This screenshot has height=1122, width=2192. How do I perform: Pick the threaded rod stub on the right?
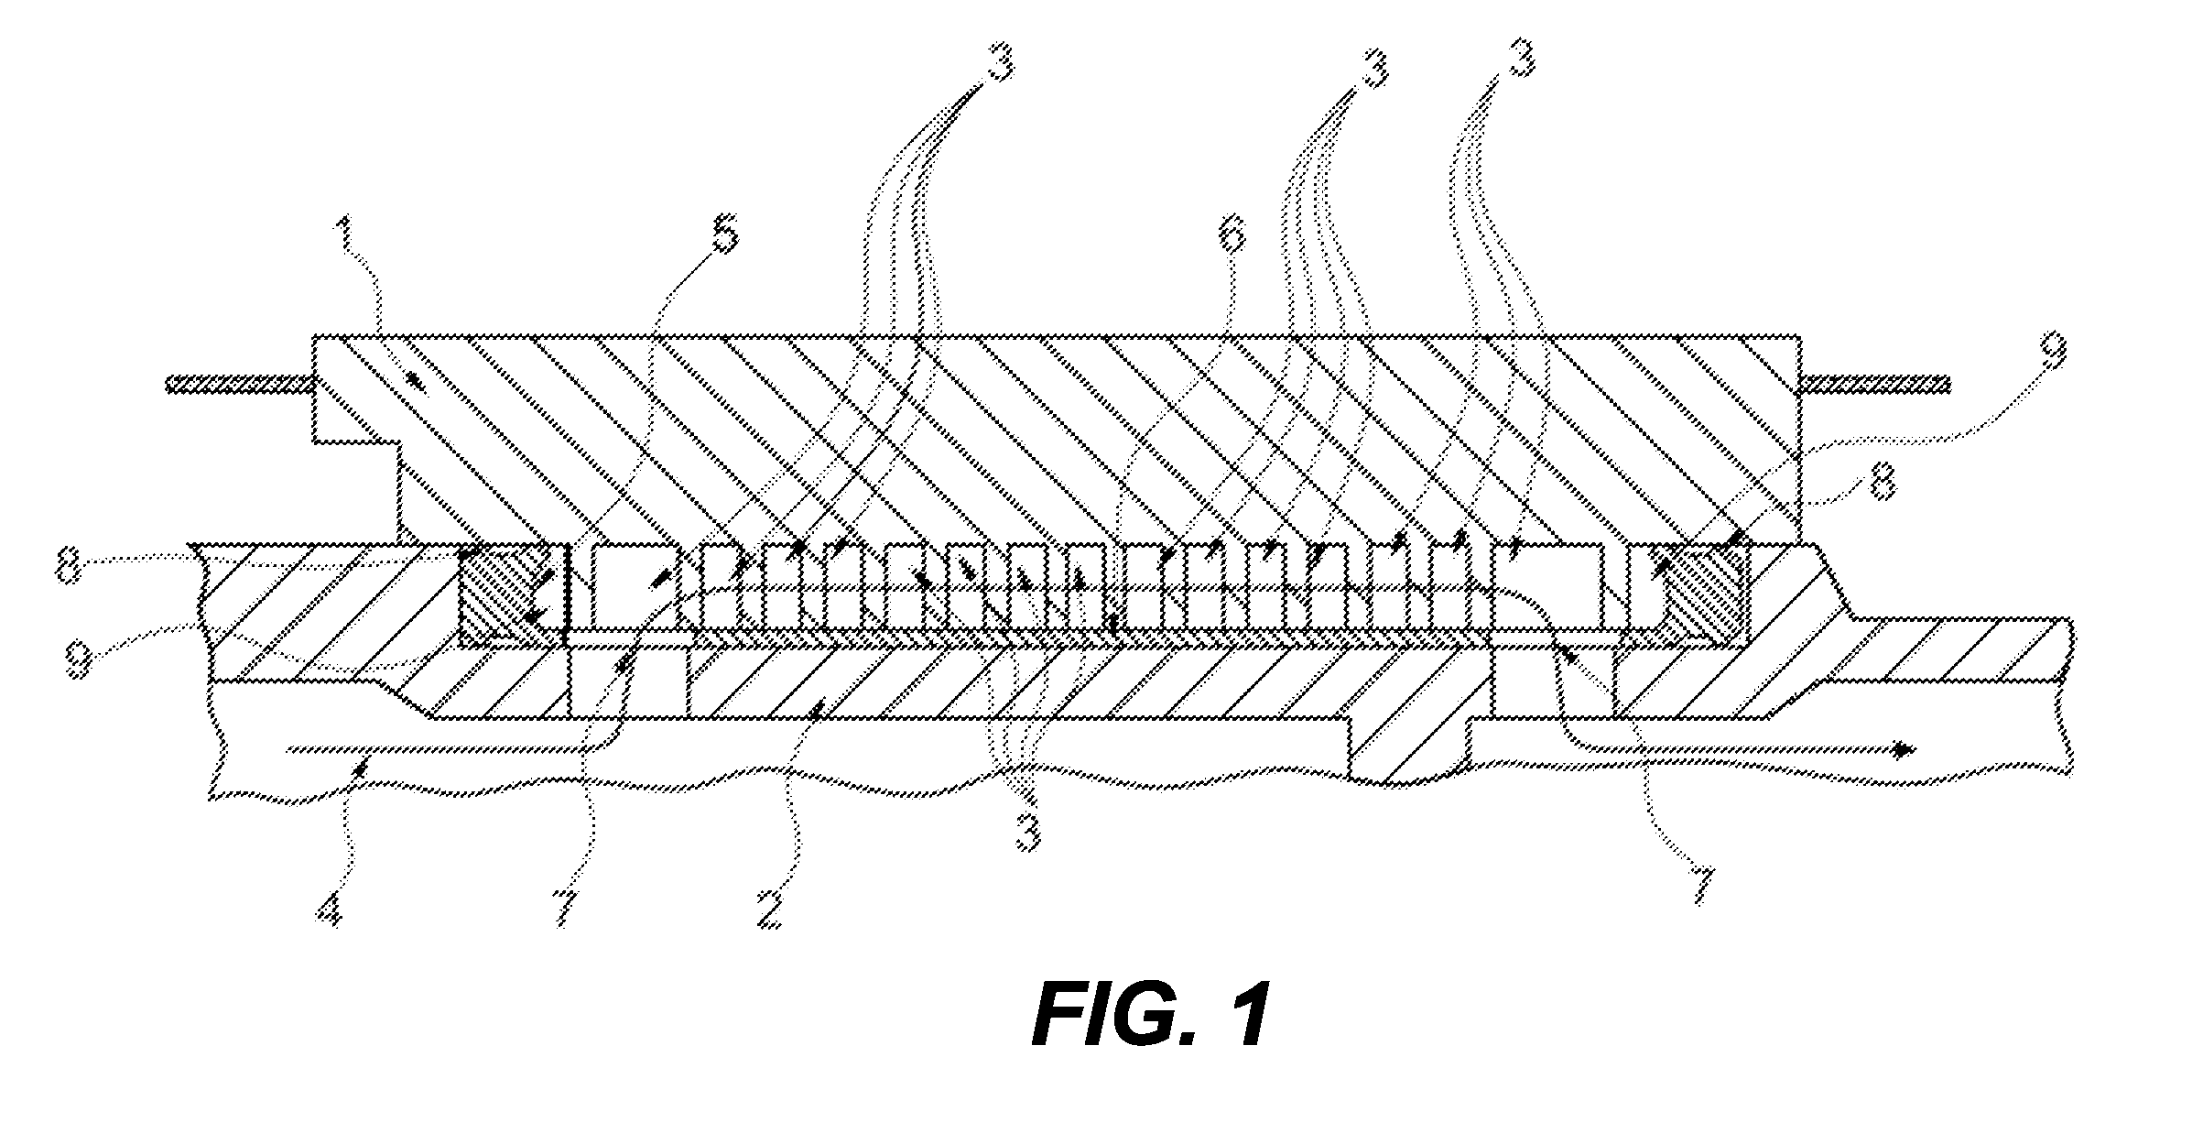click(x=1877, y=383)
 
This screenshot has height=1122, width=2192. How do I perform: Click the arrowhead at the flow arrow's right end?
click(x=1903, y=750)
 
